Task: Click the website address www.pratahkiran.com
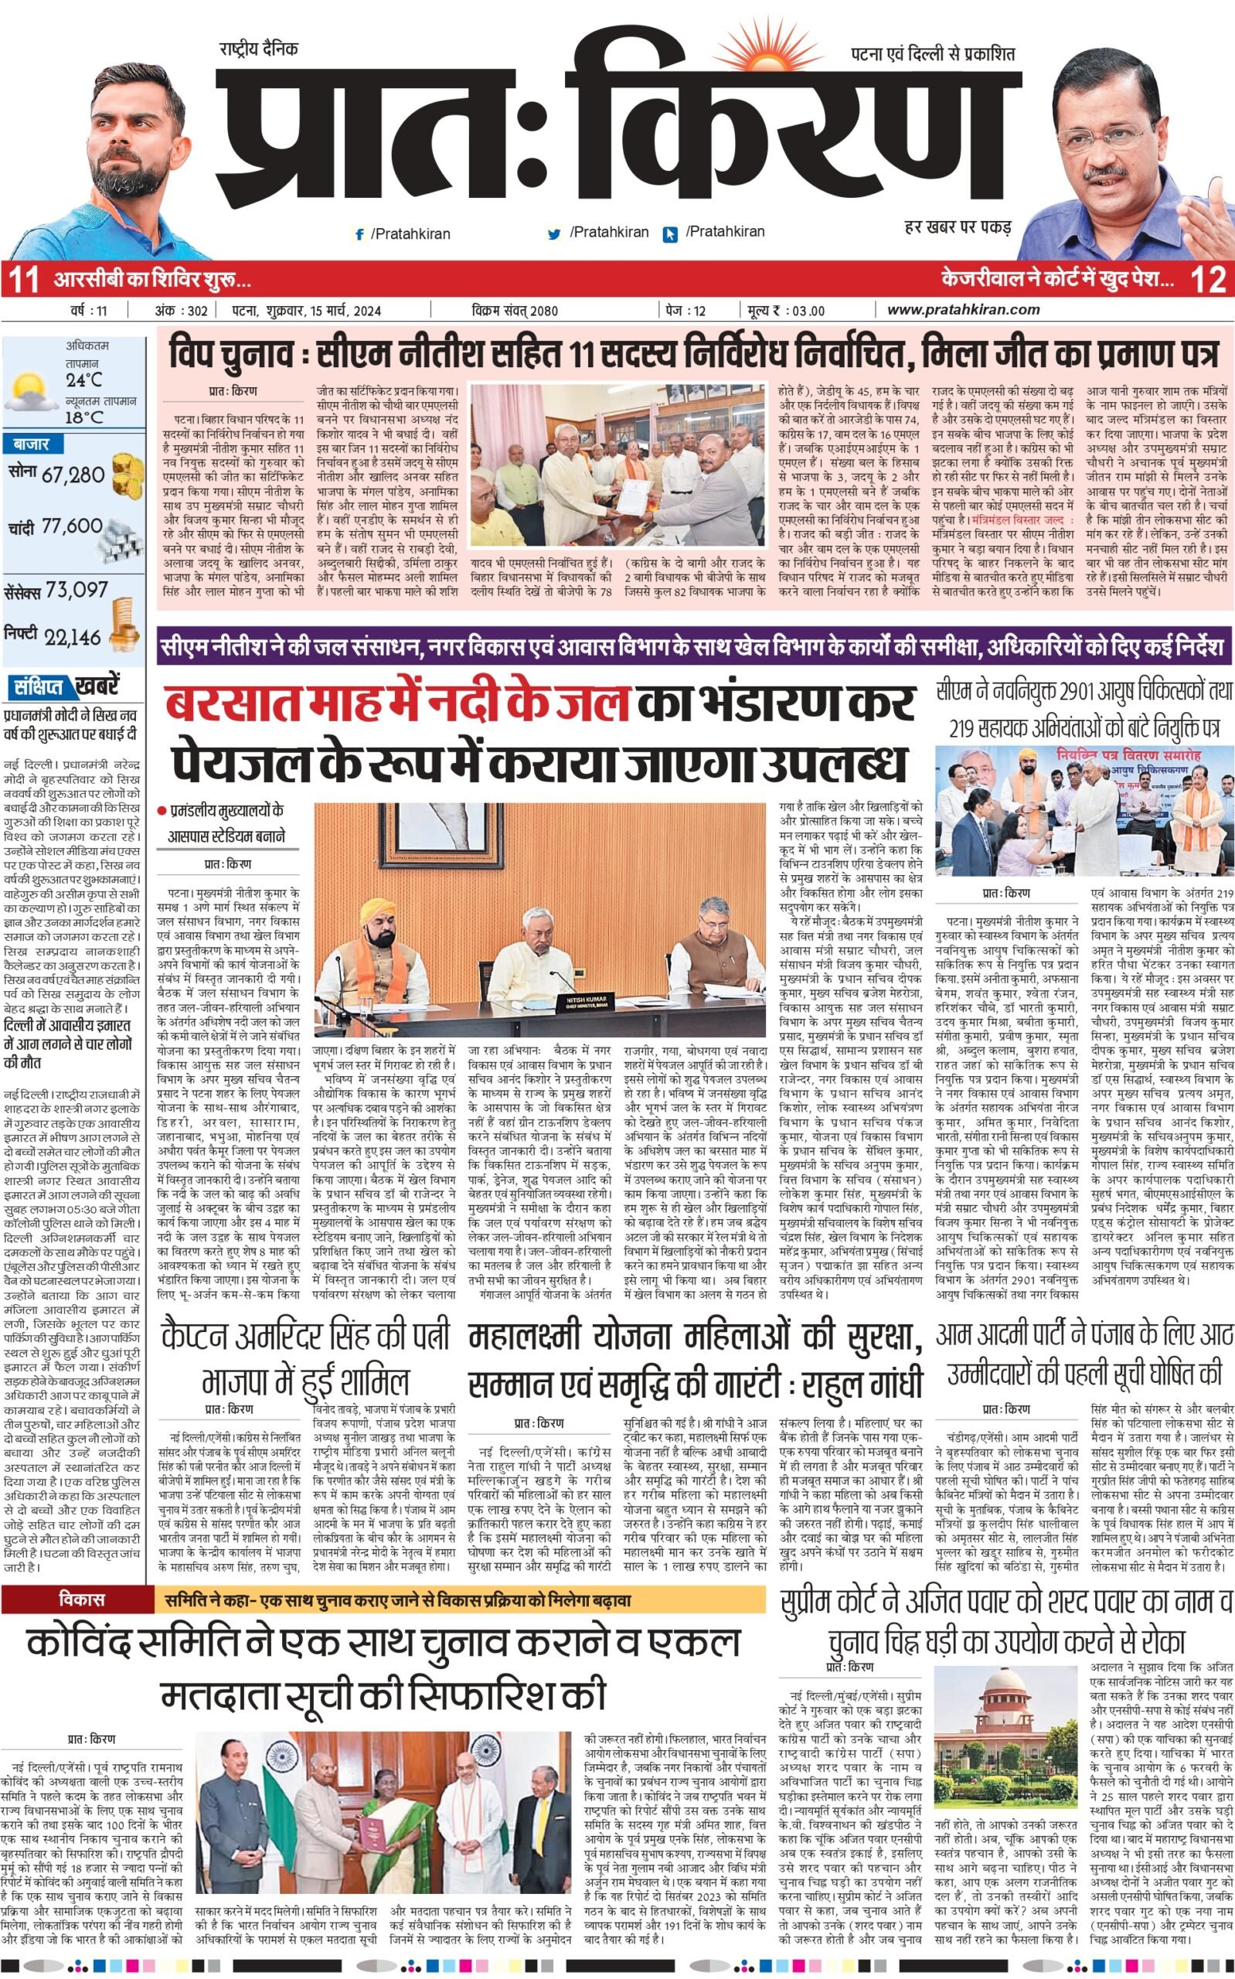click(x=963, y=309)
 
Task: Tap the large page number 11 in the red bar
click(x=22, y=280)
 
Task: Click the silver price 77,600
click(x=73, y=526)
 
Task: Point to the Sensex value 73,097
click(x=77, y=589)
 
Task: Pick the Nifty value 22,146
click(x=73, y=637)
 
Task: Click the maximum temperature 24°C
click(x=85, y=380)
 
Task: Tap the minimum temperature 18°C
click(x=85, y=417)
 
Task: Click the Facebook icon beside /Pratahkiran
click(x=359, y=234)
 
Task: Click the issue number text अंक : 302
click(x=182, y=310)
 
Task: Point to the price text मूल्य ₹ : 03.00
click(x=784, y=310)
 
